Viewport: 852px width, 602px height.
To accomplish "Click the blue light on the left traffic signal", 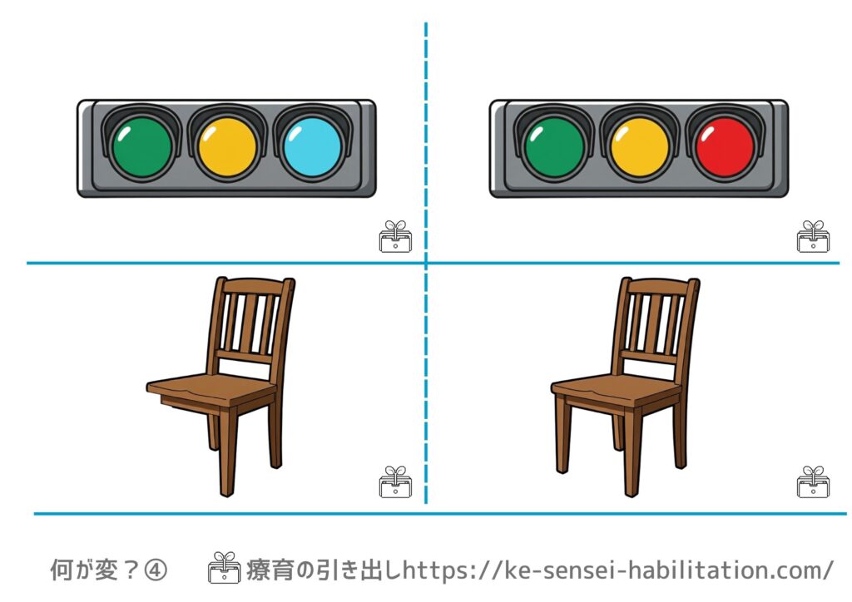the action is [x=313, y=147].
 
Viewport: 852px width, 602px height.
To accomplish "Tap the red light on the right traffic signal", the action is [x=725, y=147].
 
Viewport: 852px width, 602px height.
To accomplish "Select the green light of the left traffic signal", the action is [x=142, y=147].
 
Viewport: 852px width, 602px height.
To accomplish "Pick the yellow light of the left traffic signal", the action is [x=227, y=147].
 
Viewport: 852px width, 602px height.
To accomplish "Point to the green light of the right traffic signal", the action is [x=555, y=147].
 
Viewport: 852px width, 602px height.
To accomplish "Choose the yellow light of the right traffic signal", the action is [x=640, y=147].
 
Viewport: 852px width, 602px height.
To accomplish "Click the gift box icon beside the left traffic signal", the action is [x=395, y=237].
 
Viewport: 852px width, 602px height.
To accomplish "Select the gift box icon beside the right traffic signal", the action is [x=813, y=237].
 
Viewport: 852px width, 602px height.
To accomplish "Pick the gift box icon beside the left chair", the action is [x=395, y=482].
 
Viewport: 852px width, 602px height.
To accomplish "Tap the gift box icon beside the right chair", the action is [x=813, y=482].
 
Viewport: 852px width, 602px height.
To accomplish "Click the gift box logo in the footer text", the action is [x=225, y=568].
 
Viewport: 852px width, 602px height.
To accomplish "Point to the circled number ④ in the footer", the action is [x=156, y=570].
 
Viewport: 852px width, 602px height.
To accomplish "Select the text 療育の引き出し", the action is [x=324, y=570].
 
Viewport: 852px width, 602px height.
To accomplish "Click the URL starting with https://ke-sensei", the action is [x=618, y=570].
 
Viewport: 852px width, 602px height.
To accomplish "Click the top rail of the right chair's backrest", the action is [x=660, y=286].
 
